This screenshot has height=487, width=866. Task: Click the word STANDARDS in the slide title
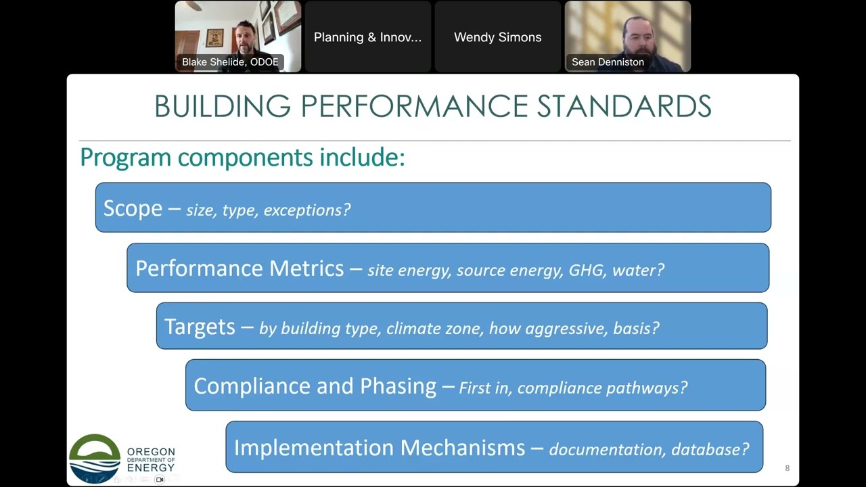624,106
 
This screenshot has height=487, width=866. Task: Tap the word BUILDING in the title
223,106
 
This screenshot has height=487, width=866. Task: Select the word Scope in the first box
133,208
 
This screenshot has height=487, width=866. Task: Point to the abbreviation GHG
587,271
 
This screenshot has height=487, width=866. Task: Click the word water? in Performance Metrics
638,271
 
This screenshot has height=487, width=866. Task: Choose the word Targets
200,327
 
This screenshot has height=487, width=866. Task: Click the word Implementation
313,448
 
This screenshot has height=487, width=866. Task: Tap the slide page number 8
787,468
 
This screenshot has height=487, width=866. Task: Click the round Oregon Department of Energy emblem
95,459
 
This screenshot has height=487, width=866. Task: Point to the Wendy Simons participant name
497,37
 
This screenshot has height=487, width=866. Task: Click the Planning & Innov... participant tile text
367,37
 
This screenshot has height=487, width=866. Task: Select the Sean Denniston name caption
608,62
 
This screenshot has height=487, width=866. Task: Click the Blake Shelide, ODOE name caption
230,62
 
